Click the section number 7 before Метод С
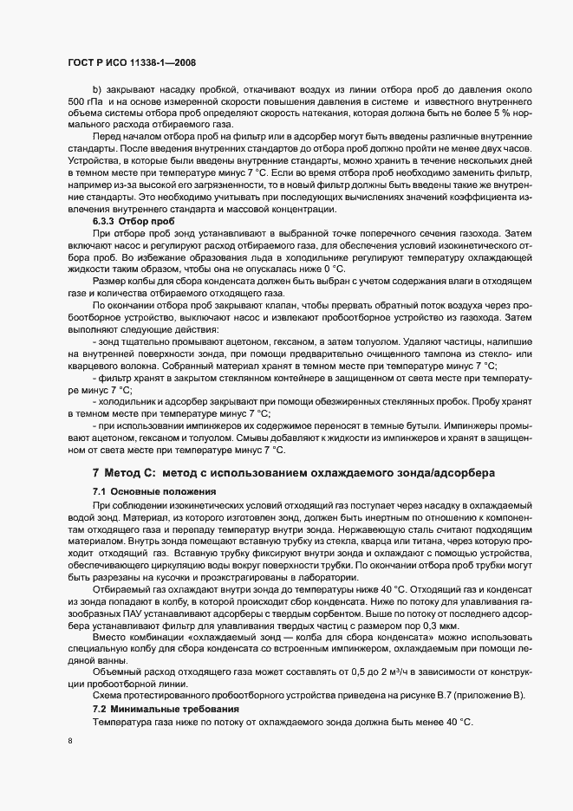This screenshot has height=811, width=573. coord(95,473)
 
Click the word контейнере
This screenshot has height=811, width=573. coord(275,380)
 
